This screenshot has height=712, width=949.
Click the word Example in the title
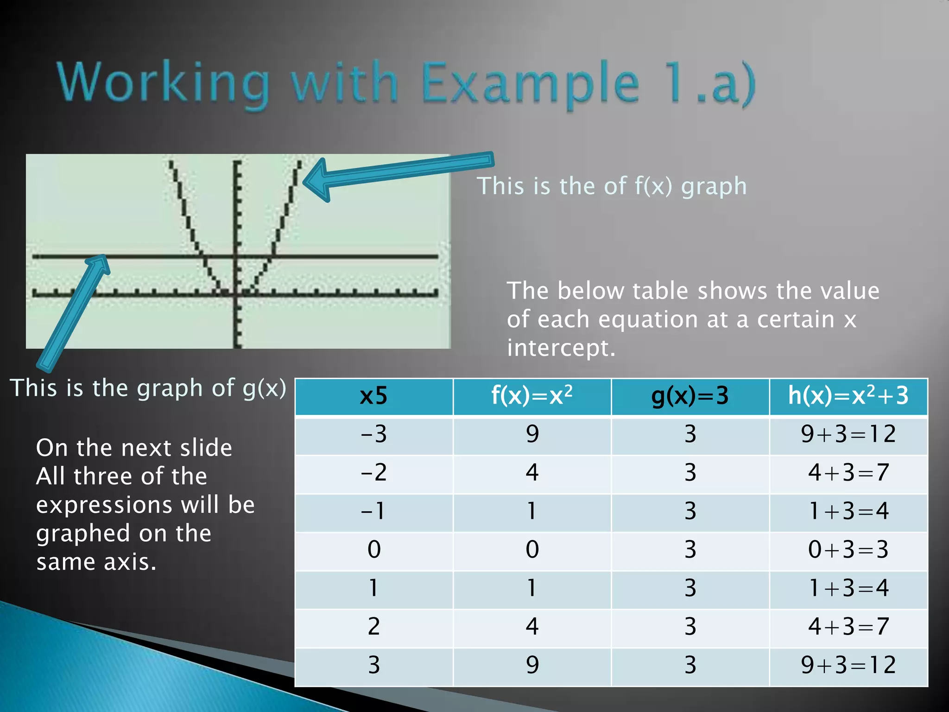point(531,83)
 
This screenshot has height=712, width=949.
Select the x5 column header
point(373,396)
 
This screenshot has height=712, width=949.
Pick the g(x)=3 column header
point(690,396)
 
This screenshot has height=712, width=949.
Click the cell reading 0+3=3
point(848,550)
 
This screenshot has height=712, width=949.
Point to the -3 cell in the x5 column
point(373,434)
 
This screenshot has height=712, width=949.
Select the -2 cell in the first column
point(373,473)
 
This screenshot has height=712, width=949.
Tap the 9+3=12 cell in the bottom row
point(848,665)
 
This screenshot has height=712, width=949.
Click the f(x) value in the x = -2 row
point(532,473)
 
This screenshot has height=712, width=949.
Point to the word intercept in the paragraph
point(561,348)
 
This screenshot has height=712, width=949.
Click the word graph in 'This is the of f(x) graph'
point(714,186)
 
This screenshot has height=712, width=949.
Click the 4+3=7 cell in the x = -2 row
point(848,473)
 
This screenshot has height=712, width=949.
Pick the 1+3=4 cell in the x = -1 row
point(848,511)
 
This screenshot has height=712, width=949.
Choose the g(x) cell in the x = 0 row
point(690,550)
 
